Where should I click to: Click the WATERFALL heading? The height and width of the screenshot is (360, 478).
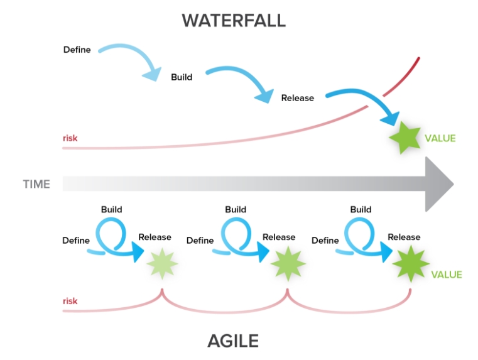point(233,20)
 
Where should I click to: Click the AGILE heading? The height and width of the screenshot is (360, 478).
point(233,341)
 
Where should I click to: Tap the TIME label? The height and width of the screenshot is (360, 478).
point(36,184)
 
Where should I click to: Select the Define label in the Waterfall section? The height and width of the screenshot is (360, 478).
point(77,49)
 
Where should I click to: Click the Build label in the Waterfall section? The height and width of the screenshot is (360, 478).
point(182,77)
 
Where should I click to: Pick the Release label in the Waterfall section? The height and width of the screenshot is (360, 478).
point(297,98)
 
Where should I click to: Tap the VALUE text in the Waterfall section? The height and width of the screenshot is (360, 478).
point(440,138)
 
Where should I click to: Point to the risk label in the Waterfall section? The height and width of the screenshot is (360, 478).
point(70,138)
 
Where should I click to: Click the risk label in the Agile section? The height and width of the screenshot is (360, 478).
point(70,301)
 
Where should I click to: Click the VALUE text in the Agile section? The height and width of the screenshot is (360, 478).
point(446,275)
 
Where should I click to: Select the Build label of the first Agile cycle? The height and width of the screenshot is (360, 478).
point(111,209)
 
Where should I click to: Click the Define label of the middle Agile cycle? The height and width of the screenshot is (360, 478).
point(200,240)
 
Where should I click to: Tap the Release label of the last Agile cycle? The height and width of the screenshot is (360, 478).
point(404,237)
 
